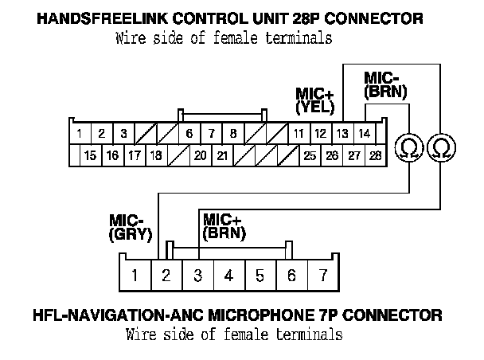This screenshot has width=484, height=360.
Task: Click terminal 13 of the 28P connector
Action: click(342, 133)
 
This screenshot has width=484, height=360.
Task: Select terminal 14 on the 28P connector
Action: click(364, 133)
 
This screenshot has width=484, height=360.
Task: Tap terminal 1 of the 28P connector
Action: click(80, 133)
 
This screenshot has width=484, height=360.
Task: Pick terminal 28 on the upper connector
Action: click(374, 155)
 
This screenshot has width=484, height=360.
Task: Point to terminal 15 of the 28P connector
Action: click(90, 155)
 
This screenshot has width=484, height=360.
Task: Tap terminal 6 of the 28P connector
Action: click(189, 133)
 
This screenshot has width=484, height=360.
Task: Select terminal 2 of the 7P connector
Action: click(166, 276)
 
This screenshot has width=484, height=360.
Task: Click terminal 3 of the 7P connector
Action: click(197, 276)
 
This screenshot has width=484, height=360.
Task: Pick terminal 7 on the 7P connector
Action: click(323, 276)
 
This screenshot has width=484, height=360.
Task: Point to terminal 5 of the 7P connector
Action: click(260, 276)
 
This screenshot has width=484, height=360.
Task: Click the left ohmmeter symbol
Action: click(410, 147)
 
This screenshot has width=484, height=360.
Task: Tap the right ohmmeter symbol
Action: click(440, 147)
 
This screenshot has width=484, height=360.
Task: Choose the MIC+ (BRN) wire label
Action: click(224, 226)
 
